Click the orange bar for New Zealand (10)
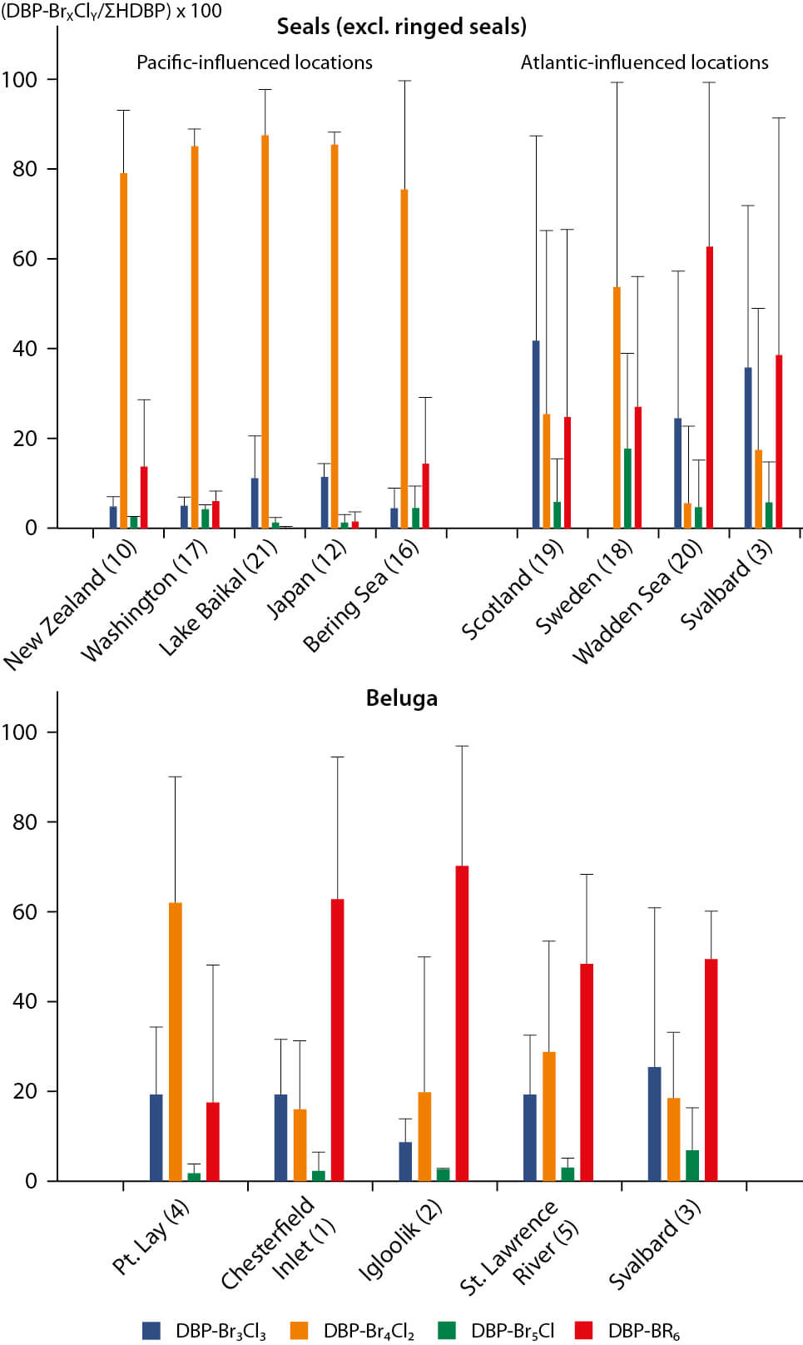(x=123, y=350)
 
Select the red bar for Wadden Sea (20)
(x=709, y=387)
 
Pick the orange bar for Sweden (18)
(x=617, y=408)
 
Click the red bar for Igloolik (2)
(x=462, y=1023)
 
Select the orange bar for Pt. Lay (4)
(x=175, y=1041)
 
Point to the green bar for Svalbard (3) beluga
(x=691, y=1165)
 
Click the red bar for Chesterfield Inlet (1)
(x=337, y=1040)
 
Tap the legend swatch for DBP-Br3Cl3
(x=151, y=1330)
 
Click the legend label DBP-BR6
(x=643, y=1330)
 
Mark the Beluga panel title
(x=401, y=697)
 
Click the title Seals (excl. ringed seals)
(x=401, y=27)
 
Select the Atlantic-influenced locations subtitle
(x=644, y=62)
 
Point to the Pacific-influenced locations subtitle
(x=254, y=62)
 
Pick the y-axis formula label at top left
(x=112, y=11)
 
